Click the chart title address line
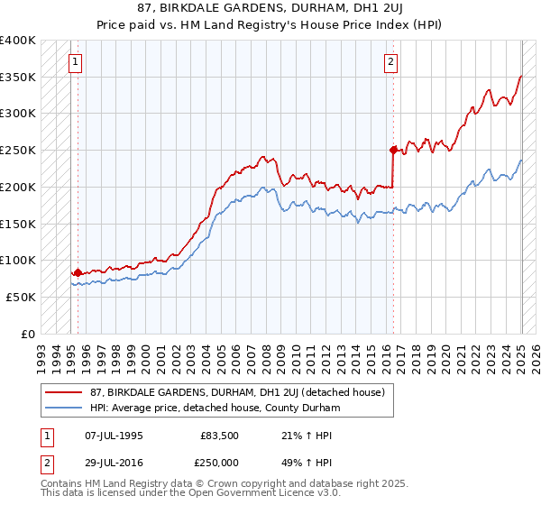click(x=270, y=8)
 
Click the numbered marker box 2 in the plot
click(x=390, y=62)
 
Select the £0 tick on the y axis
click(x=29, y=334)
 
